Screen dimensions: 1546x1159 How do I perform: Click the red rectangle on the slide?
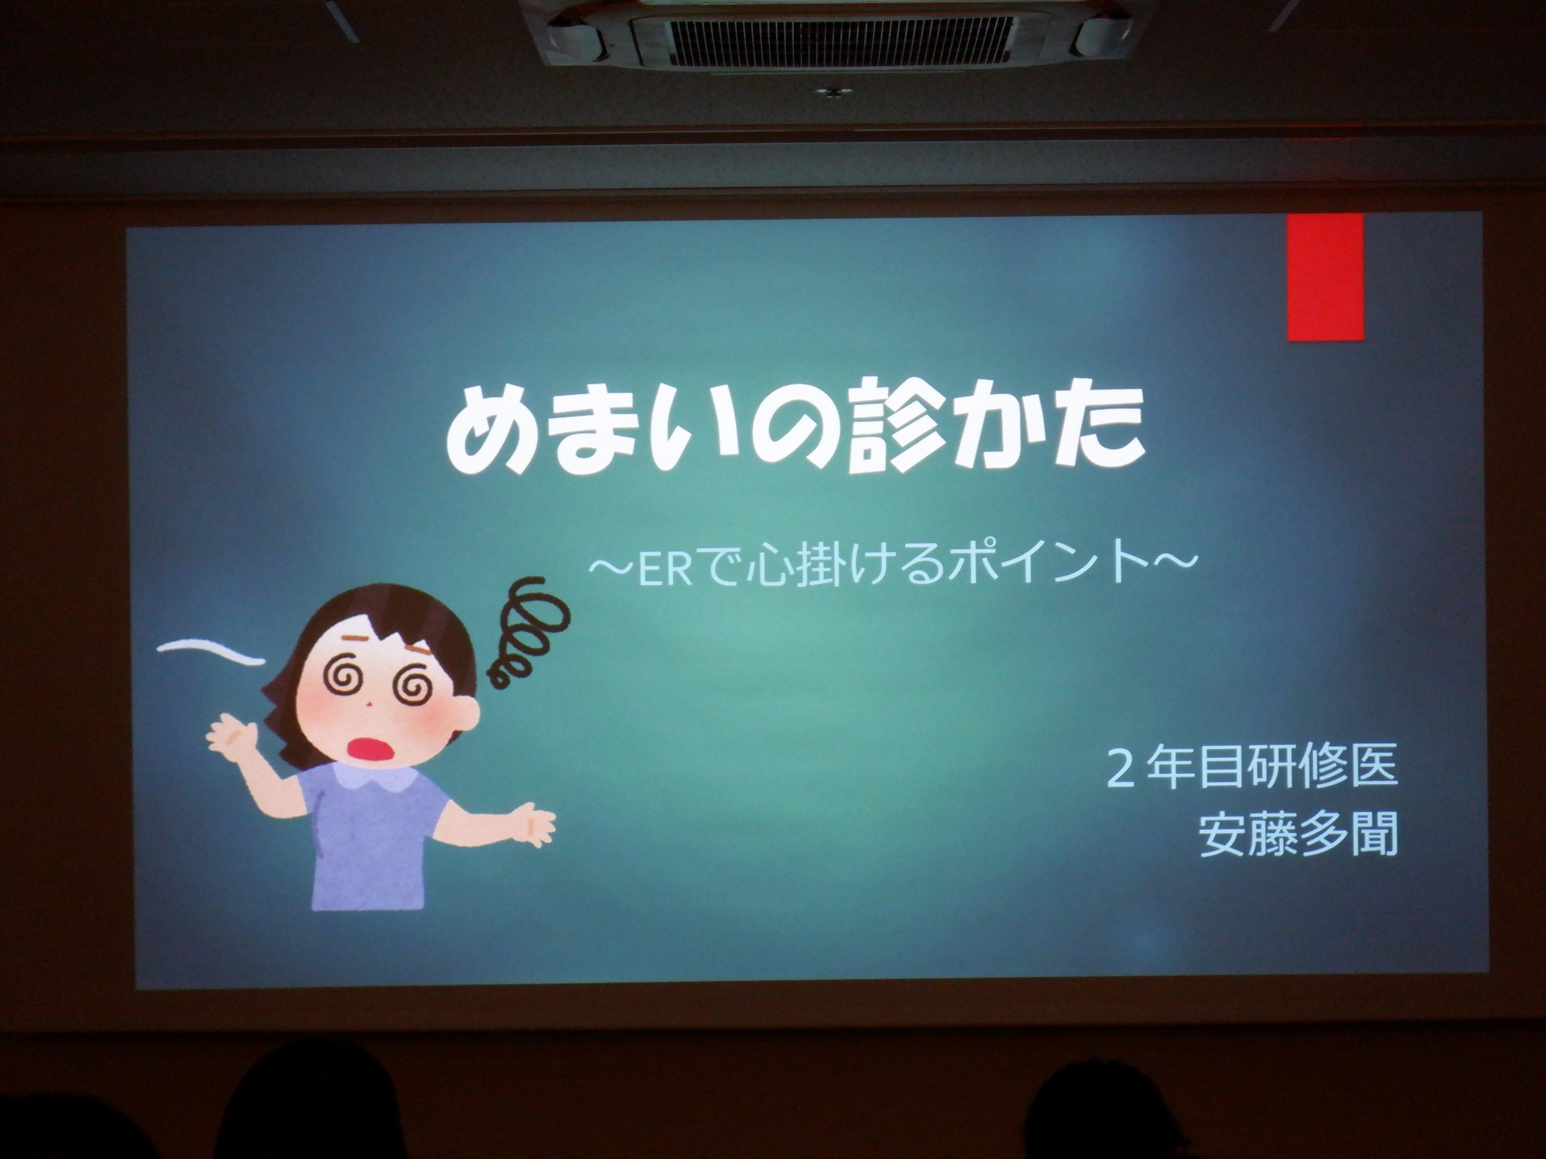[x=1326, y=277]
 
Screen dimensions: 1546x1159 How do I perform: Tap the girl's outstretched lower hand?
[x=534, y=826]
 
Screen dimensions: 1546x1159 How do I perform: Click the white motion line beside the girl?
[x=211, y=653]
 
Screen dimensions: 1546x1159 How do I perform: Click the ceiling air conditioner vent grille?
[x=839, y=40]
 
